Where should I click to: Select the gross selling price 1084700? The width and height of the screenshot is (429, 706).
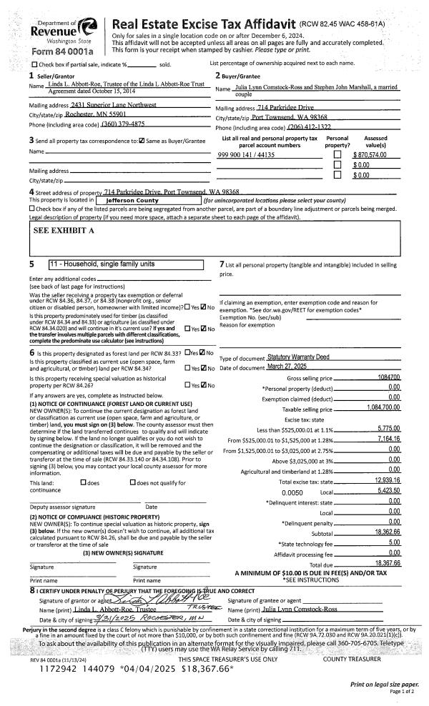pyautogui.click(x=388, y=377)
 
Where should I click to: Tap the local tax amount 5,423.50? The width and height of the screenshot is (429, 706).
pyautogui.click(x=387, y=492)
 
